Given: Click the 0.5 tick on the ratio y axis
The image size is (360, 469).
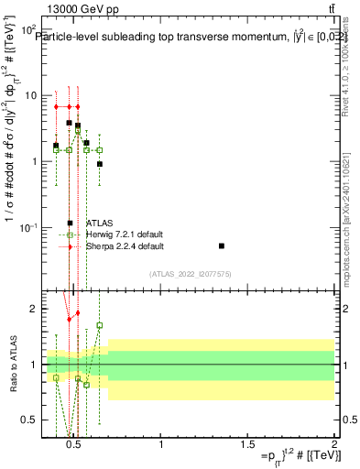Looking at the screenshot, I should pos(28,420).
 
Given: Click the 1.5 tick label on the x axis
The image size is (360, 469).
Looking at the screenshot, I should pos(247,445).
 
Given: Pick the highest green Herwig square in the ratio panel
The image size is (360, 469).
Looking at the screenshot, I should pos(100,325).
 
